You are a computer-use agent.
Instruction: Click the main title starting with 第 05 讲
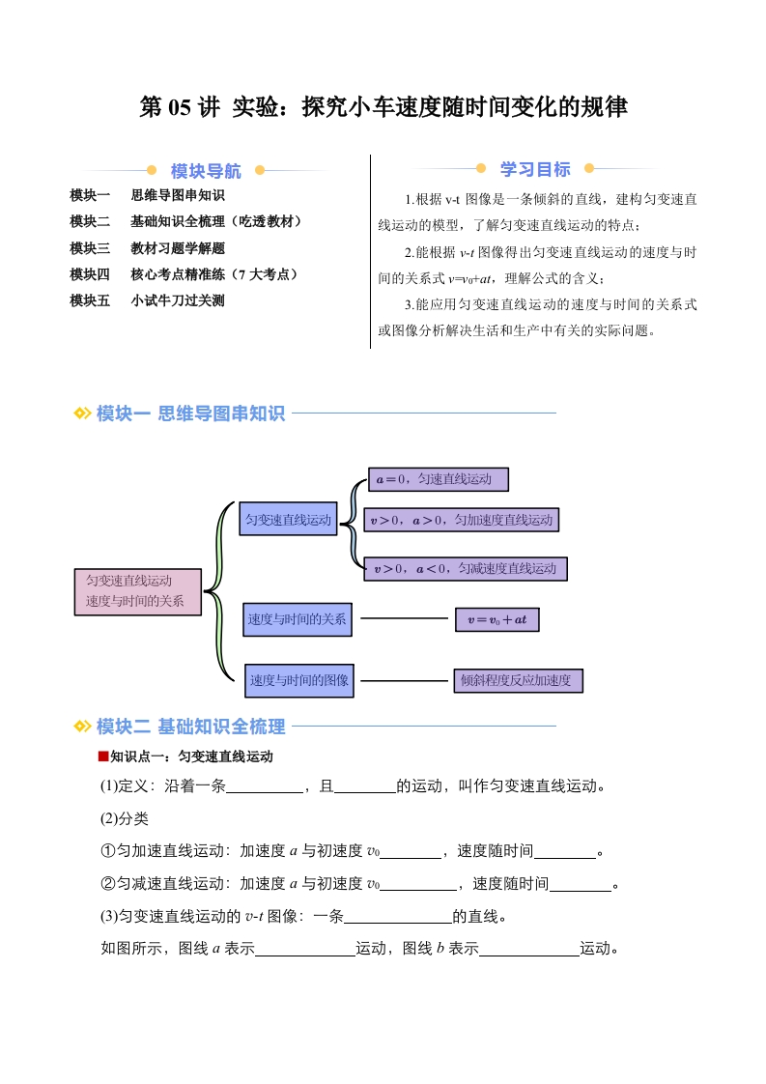(x=383, y=107)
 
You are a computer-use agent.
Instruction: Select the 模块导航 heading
(x=206, y=170)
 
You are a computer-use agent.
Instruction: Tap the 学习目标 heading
(x=535, y=169)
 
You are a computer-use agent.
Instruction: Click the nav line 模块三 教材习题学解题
(x=147, y=247)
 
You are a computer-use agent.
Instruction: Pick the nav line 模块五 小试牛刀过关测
(x=147, y=300)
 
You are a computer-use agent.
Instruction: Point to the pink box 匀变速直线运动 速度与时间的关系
(x=137, y=592)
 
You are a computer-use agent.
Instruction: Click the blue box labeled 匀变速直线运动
(x=288, y=519)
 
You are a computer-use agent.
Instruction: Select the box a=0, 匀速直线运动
(x=439, y=479)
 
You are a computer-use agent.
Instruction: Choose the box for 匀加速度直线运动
(x=461, y=520)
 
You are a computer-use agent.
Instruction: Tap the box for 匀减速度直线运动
(x=466, y=568)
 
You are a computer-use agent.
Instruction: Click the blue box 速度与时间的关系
(x=298, y=619)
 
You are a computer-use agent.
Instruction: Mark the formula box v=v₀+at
(x=497, y=619)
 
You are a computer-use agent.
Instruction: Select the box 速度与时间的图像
(x=299, y=680)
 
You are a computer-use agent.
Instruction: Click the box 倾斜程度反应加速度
(x=518, y=680)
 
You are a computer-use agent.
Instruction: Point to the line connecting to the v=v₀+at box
(x=405, y=618)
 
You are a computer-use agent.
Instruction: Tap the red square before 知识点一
(x=103, y=756)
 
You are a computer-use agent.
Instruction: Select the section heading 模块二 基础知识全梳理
(x=190, y=726)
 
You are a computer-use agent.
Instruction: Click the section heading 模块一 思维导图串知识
(x=190, y=413)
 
